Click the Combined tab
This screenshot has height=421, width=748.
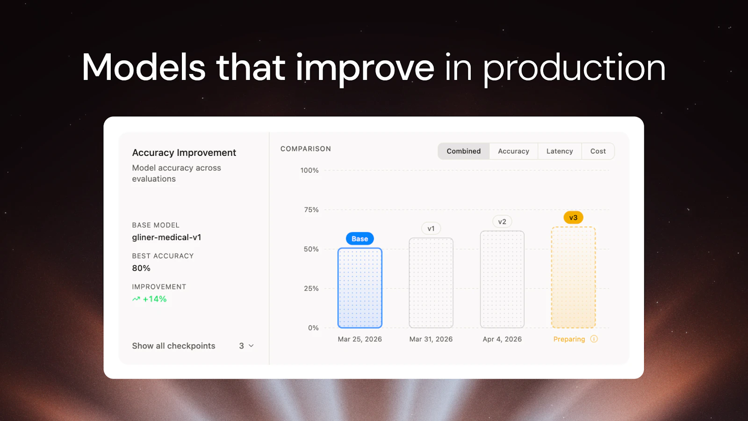tap(463, 151)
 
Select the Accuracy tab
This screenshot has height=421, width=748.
tap(513, 151)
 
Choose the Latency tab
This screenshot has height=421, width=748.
tap(560, 151)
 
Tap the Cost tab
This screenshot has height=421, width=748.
tap(598, 151)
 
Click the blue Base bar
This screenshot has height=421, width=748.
tap(360, 288)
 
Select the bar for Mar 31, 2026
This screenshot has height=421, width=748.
tap(431, 283)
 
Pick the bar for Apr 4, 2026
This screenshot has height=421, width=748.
tap(502, 279)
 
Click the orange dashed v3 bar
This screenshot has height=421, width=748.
tap(573, 277)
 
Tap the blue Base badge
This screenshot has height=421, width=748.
tap(360, 239)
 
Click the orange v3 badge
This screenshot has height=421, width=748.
tap(573, 218)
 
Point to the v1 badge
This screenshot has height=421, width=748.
tap(431, 229)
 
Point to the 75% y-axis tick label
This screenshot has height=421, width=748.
tap(311, 210)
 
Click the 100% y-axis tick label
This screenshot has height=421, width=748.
tap(309, 170)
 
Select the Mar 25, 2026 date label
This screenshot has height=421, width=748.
tap(360, 339)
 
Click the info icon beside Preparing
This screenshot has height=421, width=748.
tap(594, 339)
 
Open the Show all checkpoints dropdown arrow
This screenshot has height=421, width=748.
tap(251, 346)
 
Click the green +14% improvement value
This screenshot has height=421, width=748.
tap(154, 299)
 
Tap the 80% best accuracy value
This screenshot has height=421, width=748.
tap(141, 268)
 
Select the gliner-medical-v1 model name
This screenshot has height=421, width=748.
tap(166, 237)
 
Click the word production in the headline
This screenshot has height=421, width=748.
tap(574, 68)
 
